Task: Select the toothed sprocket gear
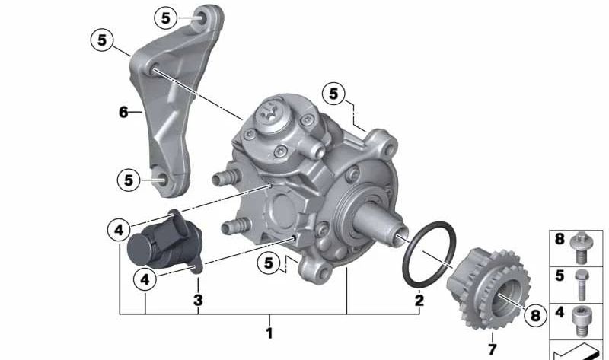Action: (x=489, y=288)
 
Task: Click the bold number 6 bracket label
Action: (x=123, y=112)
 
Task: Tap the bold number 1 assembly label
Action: (x=269, y=333)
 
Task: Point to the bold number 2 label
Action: (x=419, y=300)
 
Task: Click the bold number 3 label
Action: (x=198, y=300)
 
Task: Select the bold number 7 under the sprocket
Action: (x=492, y=349)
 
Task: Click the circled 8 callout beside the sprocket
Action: (x=535, y=315)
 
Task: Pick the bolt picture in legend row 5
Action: (x=582, y=285)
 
